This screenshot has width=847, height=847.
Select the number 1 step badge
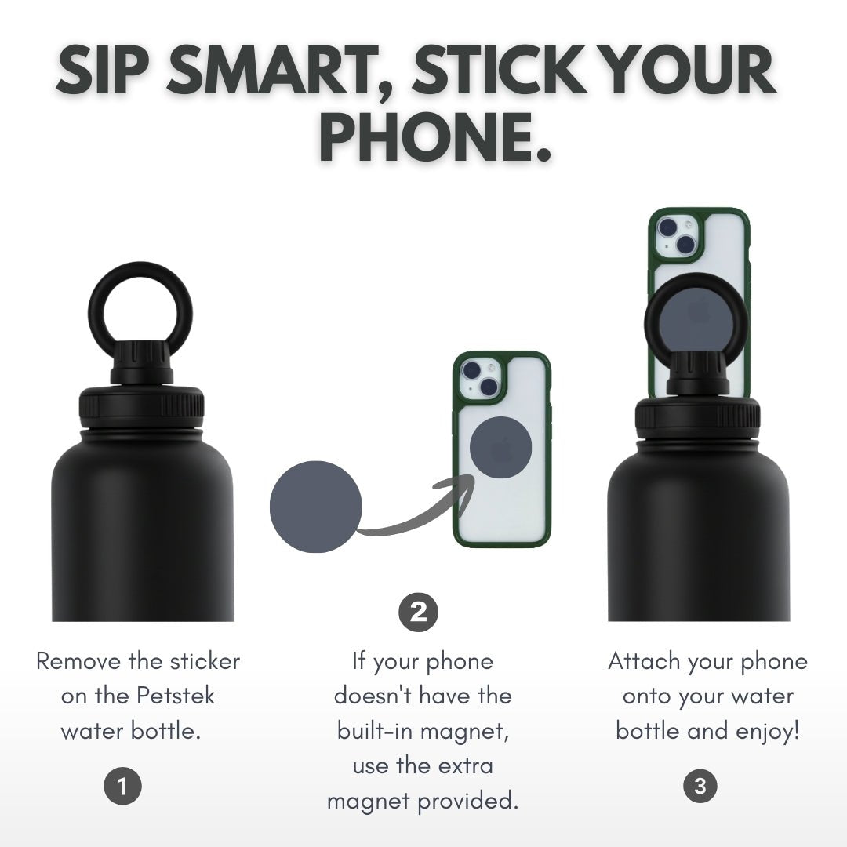point(122,786)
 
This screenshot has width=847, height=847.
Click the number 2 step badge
point(418,613)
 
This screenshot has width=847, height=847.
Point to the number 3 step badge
point(700,786)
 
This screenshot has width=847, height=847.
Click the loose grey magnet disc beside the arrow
point(316,506)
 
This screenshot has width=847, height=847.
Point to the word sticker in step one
point(205,661)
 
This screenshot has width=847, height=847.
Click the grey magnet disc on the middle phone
point(500,447)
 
